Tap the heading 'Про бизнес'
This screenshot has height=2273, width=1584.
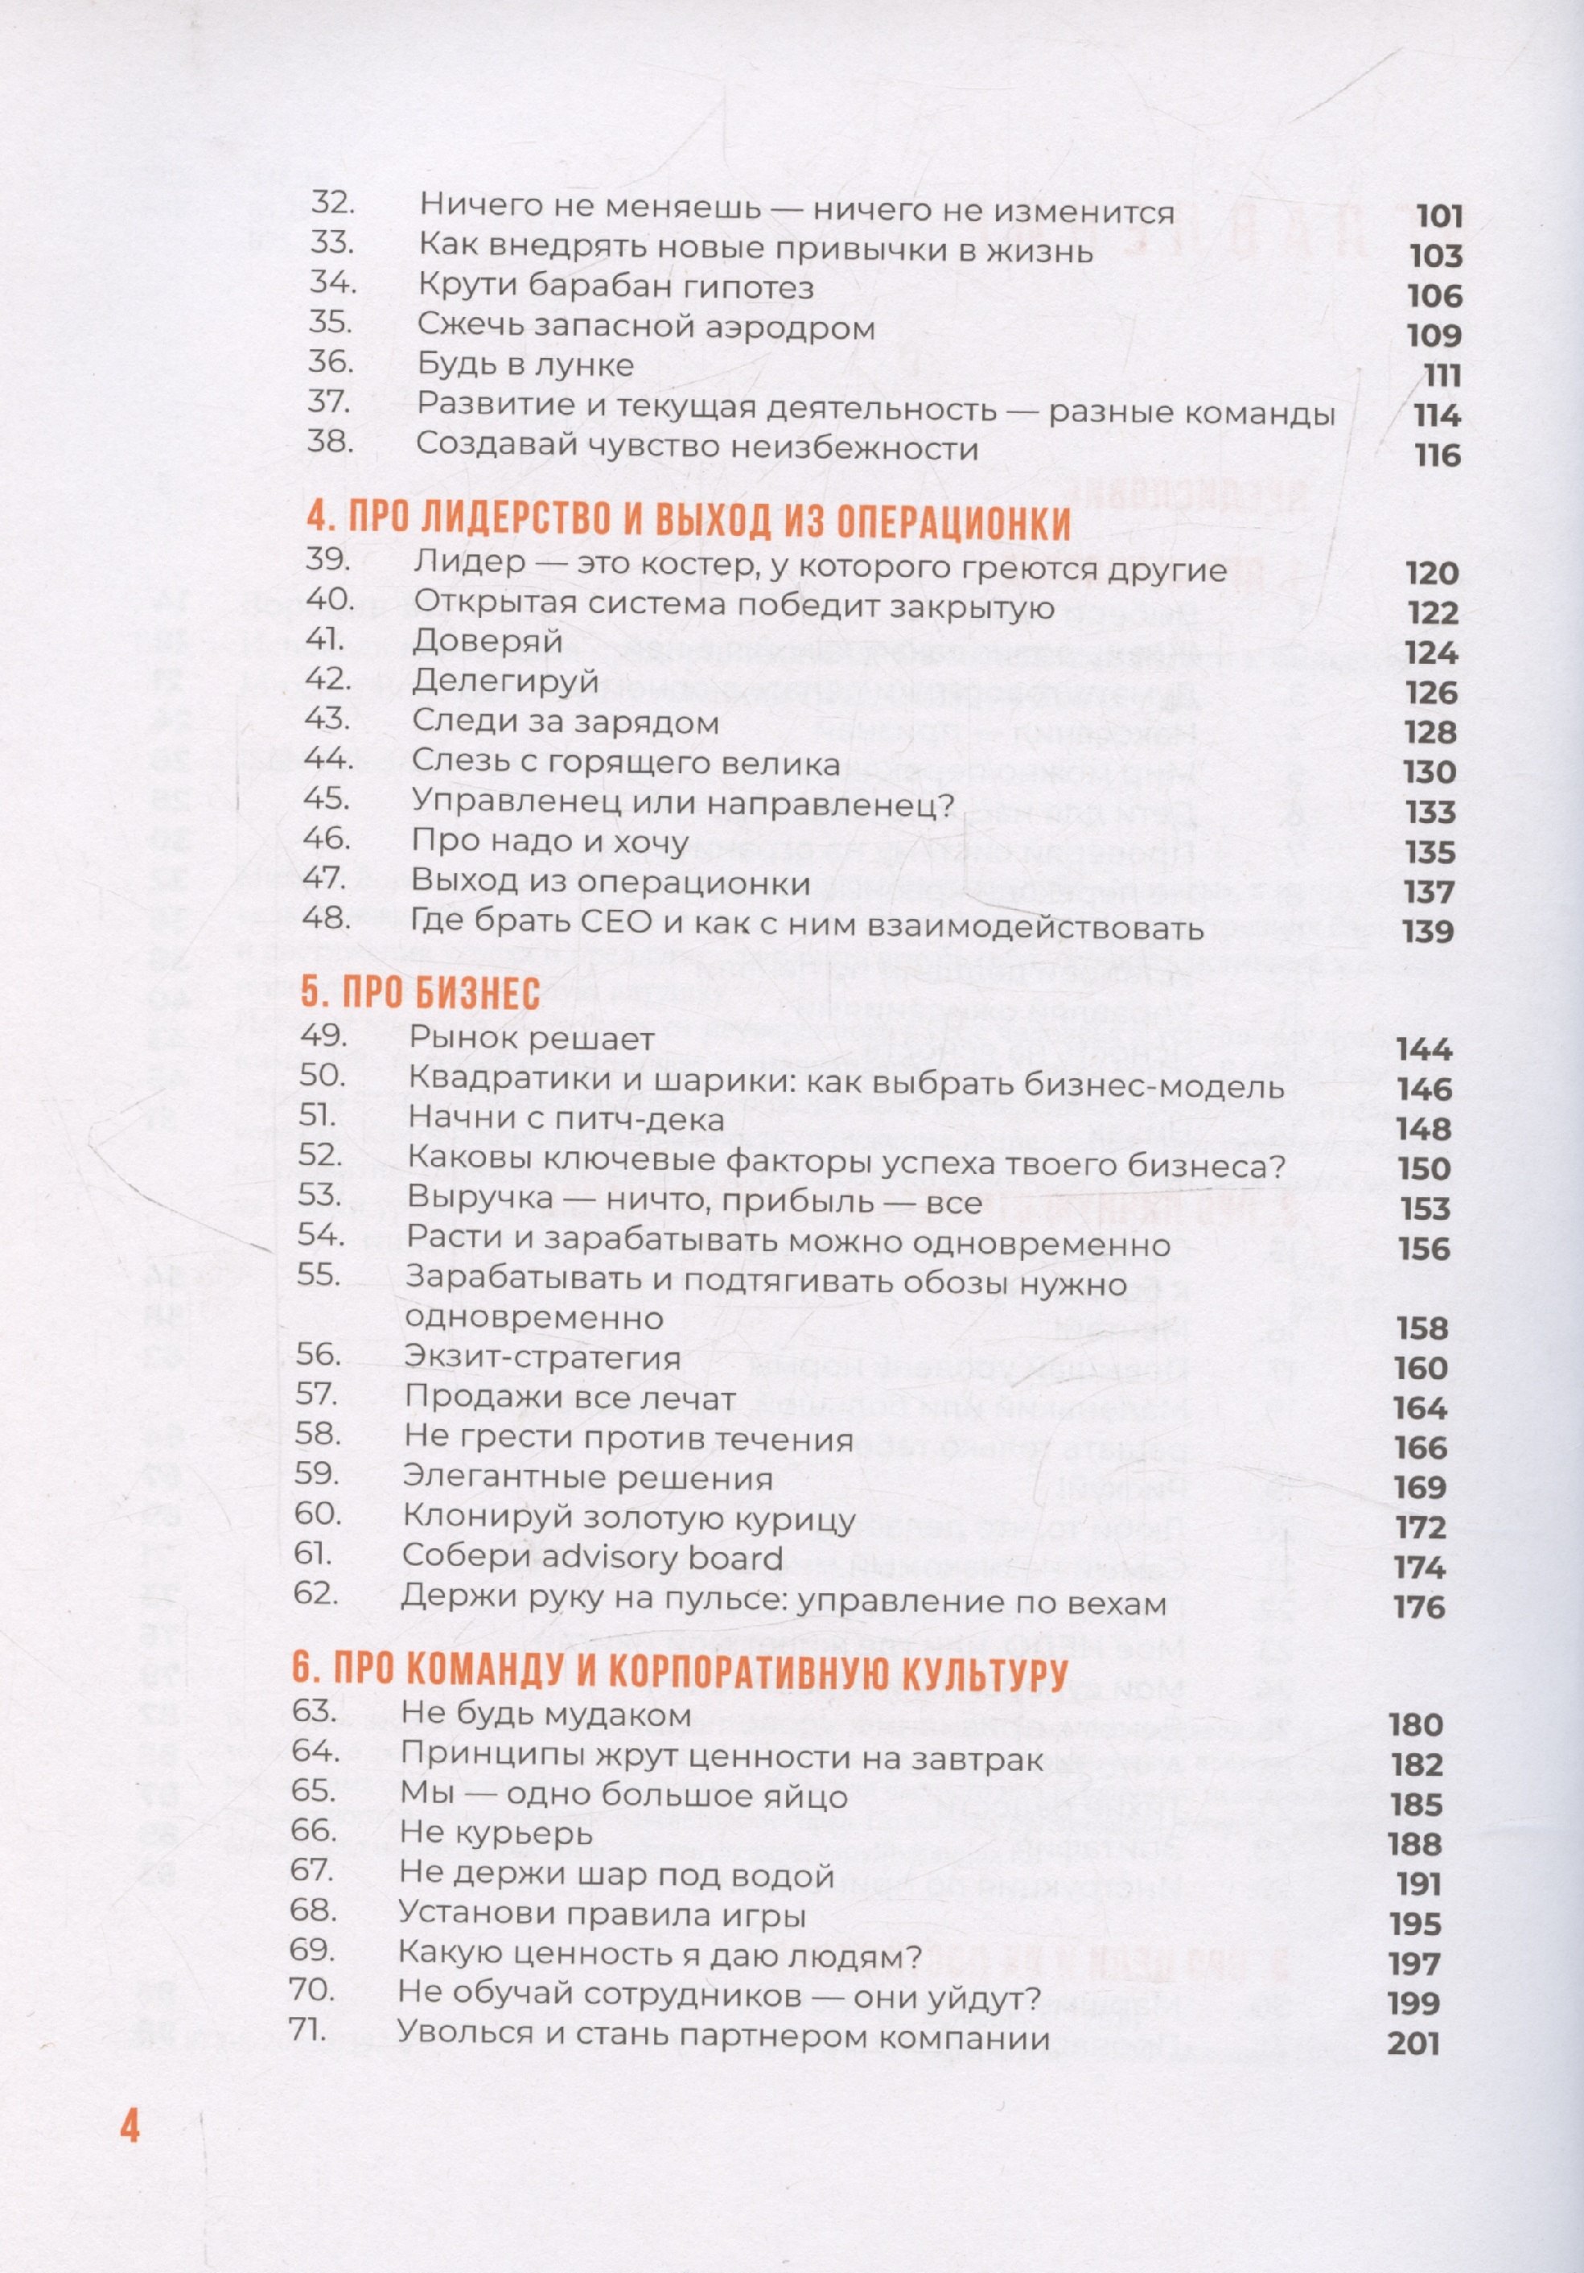click(421, 993)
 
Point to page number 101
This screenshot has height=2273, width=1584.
click(1439, 216)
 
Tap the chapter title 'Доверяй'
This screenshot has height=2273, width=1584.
click(487, 640)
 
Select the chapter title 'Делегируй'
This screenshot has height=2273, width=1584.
click(505, 681)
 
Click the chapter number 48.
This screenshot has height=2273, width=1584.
click(327, 918)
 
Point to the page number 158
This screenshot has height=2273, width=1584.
click(1421, 1328)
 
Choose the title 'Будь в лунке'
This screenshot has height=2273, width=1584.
click(525, 364)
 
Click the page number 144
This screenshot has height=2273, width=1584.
click(1424, 1048)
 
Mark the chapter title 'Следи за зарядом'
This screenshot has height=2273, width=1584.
click(566, 722)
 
